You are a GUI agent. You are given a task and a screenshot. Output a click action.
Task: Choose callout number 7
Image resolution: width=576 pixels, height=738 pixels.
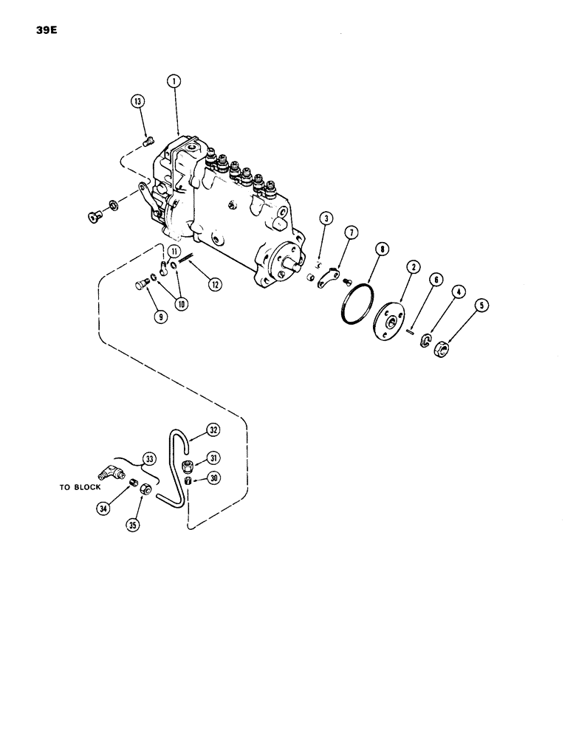pyautogui.click(x=350, y=233)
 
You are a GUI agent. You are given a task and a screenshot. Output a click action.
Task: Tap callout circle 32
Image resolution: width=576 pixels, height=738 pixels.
pyautogui.click(x=213, y=430)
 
